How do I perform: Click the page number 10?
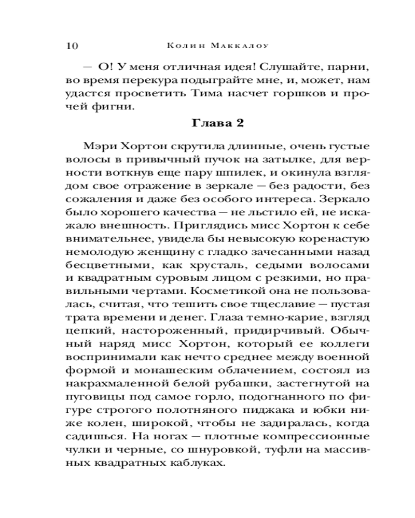pyautogui.click(x=72, y=45)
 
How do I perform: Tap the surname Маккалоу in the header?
pyautogui.click(x=239, y=45)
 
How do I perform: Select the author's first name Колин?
pyautogui.click(x=186, y=45)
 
